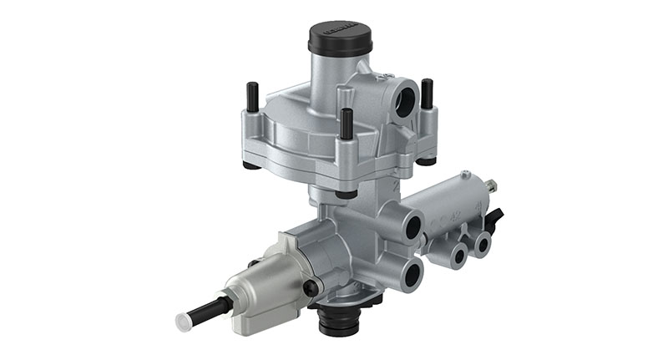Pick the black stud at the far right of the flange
(427, 94)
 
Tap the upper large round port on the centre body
(411, 225)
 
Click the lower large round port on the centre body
(410, 271)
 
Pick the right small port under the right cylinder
(482, 244)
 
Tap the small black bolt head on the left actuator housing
(311, 288)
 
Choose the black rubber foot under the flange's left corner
(251, 164)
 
